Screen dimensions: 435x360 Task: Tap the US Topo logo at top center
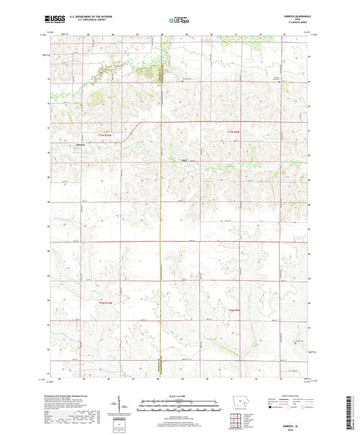point(178,21)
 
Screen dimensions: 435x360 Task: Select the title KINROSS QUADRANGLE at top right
point(294,16)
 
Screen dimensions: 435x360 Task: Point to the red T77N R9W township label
point(233,131)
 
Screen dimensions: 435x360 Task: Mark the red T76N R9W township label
point(234,309)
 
